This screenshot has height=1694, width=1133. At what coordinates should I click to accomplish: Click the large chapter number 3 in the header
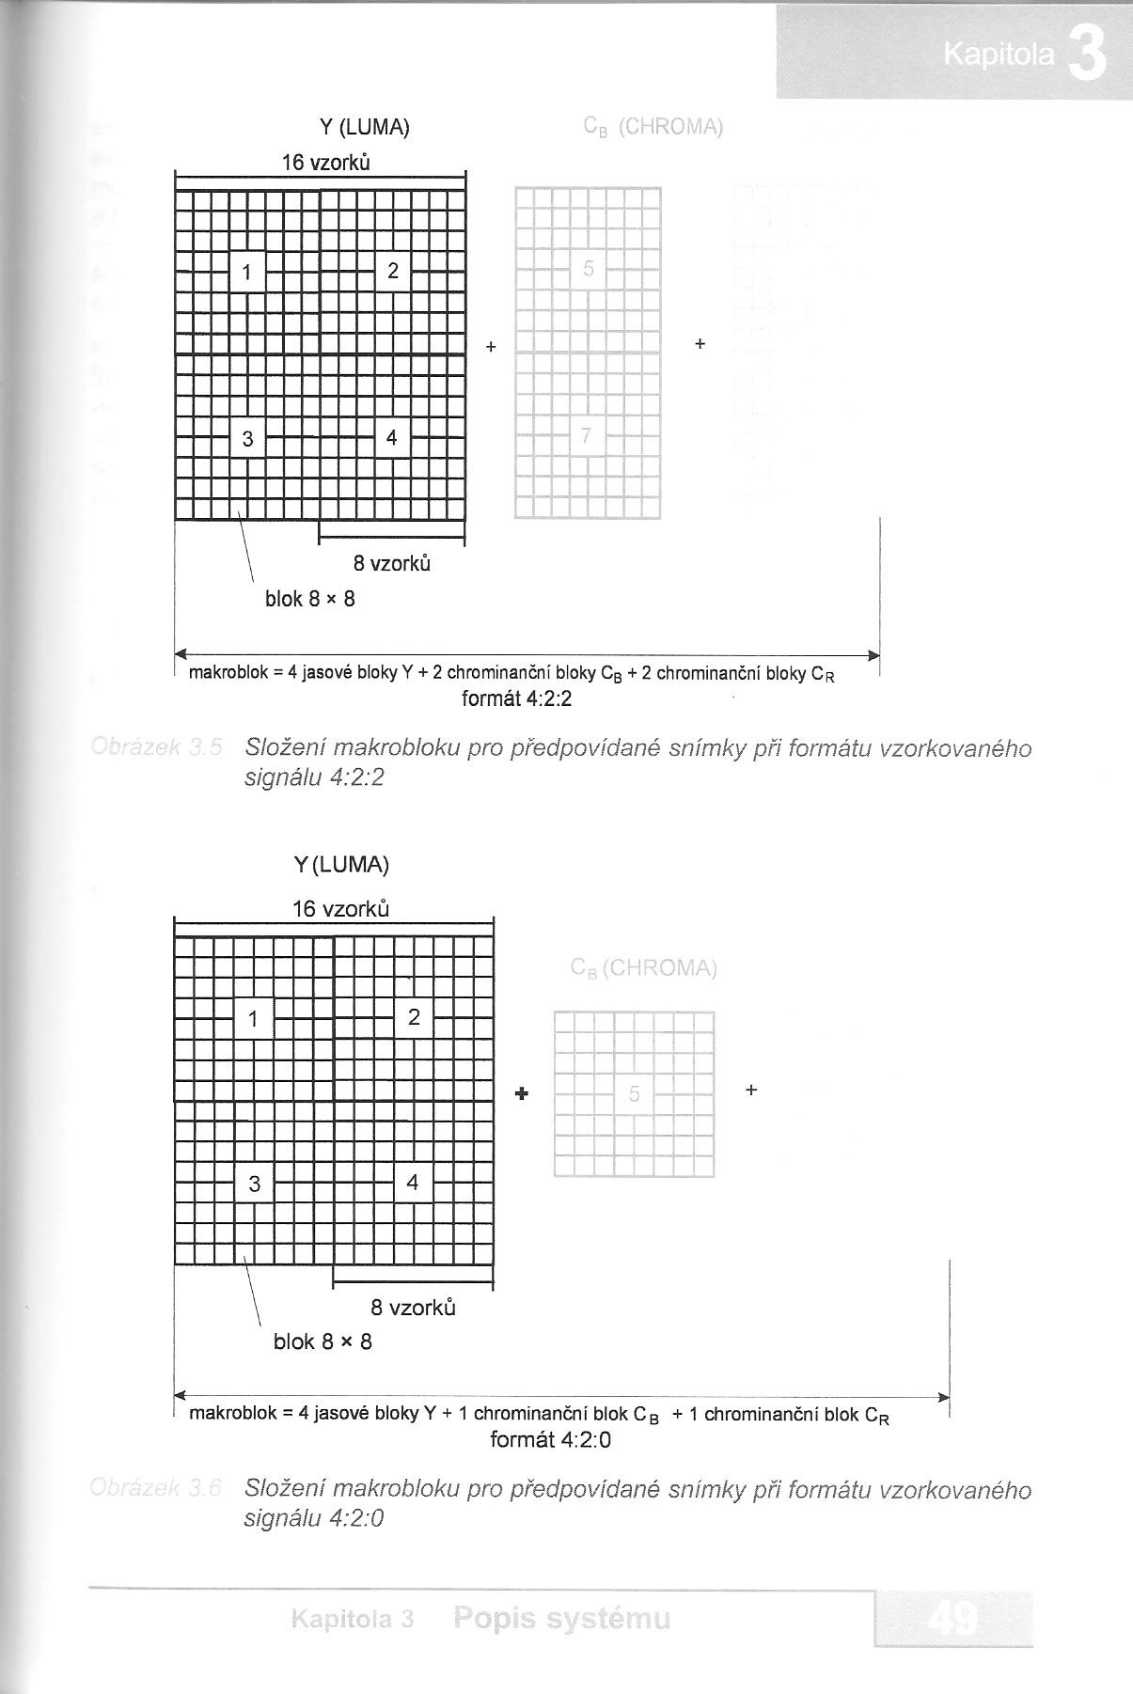pos(1088,55)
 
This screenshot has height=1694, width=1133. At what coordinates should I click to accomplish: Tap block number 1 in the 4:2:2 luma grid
pos(247,273)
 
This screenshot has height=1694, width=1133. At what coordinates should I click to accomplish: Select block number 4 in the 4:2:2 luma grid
pos(392,438)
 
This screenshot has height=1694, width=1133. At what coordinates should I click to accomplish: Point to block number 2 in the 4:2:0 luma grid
pos(414,1017)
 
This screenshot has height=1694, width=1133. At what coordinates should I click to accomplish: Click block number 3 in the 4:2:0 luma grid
pos(254,1184)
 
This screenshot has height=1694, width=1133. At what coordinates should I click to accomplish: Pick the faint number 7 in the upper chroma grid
pos(587,435)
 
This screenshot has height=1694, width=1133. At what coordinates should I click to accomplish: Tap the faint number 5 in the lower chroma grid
pos(635,1093)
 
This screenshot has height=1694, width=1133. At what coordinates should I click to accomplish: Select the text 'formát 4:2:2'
pos(517,698)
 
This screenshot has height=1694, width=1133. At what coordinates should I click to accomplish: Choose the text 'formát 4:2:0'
pos(551,1439)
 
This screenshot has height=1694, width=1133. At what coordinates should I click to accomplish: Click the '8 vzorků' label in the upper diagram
pos(392,564)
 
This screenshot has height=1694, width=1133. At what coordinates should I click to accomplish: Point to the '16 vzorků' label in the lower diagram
pos(340,909)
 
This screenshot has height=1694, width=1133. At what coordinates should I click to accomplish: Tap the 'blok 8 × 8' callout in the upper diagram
pos(310,599)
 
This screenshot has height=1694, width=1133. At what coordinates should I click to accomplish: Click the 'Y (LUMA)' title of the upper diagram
pos(365,127)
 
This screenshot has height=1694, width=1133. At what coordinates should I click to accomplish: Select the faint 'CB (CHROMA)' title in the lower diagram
pos(644,968)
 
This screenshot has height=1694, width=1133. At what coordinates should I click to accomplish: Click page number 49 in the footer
pos(952,1619)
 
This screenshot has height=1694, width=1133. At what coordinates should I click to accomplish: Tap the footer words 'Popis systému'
pos(561,1619)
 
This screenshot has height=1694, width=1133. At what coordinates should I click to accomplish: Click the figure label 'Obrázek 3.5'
pos(156,749)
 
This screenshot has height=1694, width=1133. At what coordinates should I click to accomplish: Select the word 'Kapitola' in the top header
pos(999,56)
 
